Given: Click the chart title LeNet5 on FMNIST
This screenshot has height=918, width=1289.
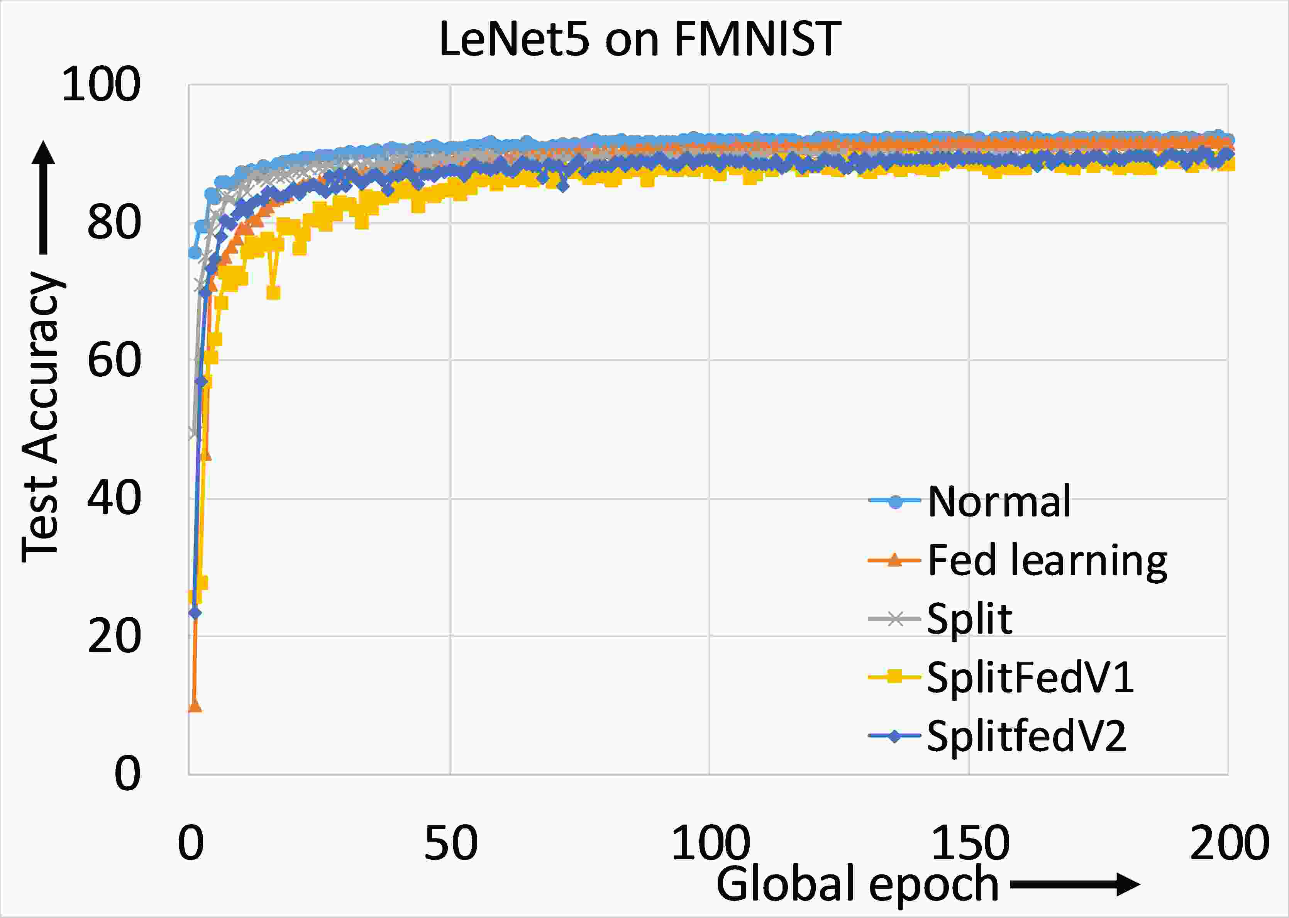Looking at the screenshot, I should click(639, 39).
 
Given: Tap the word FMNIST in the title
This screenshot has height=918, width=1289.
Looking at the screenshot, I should click(757, 39).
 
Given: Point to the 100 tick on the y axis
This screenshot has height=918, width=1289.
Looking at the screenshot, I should click(101, 85).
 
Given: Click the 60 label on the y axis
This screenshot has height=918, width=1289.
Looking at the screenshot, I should click(113, 361).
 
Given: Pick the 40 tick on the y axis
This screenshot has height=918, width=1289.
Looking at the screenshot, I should click(113, 499).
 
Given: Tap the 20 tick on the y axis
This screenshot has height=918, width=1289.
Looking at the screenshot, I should click(113, 637).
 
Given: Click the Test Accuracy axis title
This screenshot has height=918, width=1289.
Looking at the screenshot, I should click(41, 418).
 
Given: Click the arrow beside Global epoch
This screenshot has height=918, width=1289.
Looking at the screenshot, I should click(1074, 885).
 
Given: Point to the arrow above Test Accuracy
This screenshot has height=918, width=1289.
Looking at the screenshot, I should click(44, 198).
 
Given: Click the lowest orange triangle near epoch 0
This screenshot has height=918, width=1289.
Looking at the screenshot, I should click(195, 706).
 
